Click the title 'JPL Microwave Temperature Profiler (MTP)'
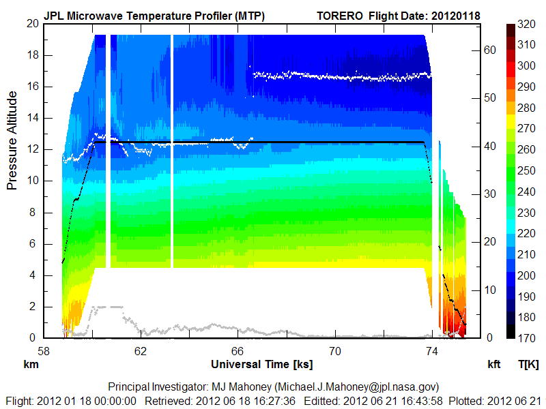click(154, 16)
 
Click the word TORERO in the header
click(340, 16)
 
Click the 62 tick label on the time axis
click(141, 352)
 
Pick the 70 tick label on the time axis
click(334, 352)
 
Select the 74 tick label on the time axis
click(431, 352)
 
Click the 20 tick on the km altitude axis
click(31, 23)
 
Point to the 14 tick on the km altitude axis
click(31, 118)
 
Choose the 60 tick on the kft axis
click(487, 49)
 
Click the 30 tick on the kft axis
click(487, 194)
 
